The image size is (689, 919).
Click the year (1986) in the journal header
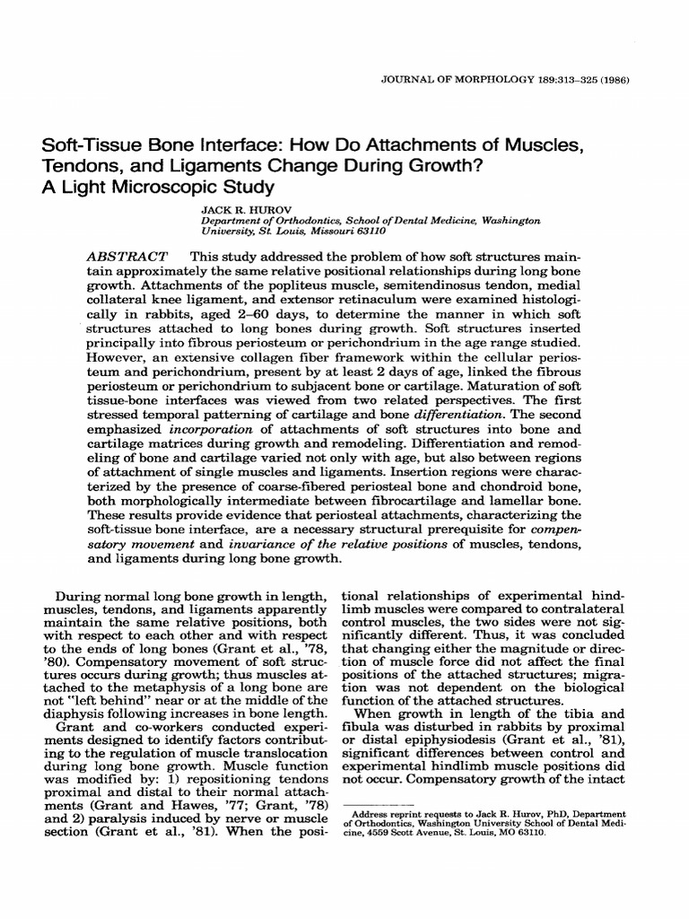613,80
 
